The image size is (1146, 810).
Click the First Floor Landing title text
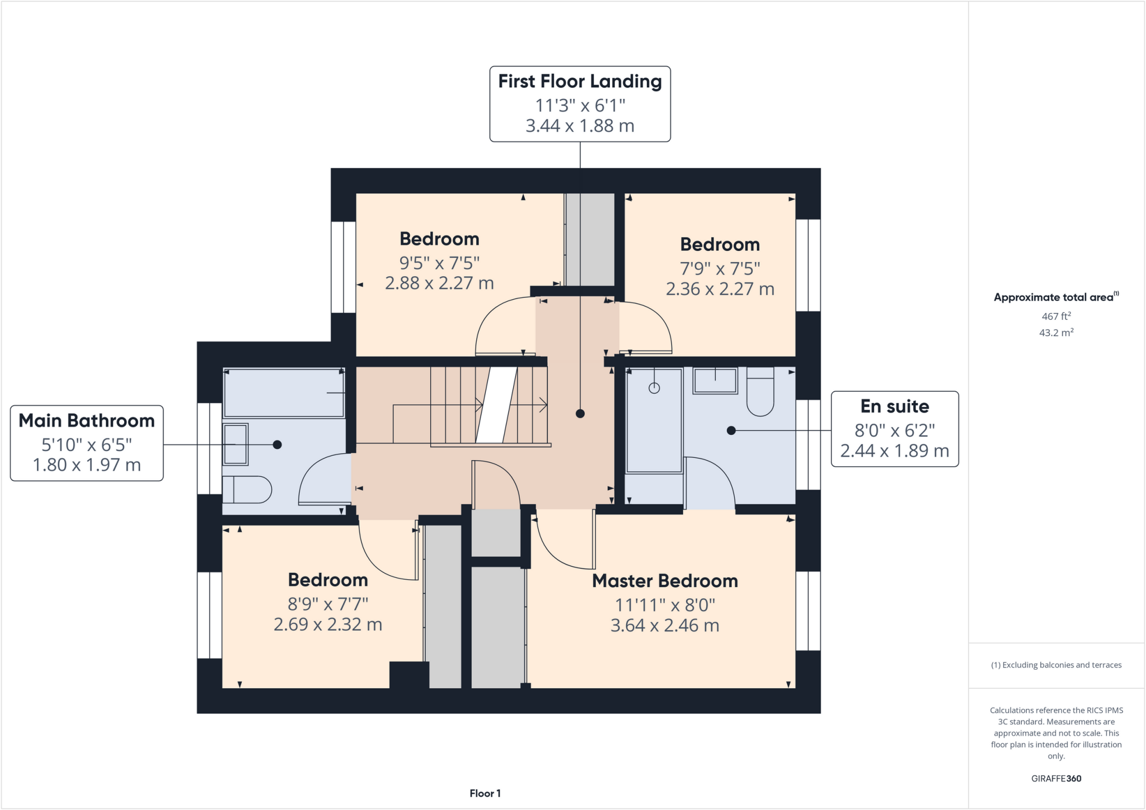click(580, 82)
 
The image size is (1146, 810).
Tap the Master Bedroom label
click(665, 581)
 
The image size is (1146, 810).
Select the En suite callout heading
click(894, 406)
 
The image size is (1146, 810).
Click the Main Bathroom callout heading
click(87, 420)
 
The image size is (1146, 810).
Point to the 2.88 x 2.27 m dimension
click(439, 283)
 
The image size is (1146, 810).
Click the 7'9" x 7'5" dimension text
click(720, 269)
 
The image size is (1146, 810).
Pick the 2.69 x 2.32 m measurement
click(328, 624)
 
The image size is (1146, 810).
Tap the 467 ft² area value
click(1056, 316)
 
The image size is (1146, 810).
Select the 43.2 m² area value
click(1056, 333)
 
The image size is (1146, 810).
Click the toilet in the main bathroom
click(249, 490)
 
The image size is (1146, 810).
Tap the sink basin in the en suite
click(715, 381)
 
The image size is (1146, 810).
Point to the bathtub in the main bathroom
click(284, 393)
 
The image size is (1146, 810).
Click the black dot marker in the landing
click(580, 414)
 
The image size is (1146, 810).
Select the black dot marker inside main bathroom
click(277, 445)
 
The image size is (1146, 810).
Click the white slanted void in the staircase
click(496, 405)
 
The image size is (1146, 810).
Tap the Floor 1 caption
click(485, 793)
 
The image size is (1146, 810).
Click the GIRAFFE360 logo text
click(1056, 778)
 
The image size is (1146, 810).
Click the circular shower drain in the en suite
click(654, 388)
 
